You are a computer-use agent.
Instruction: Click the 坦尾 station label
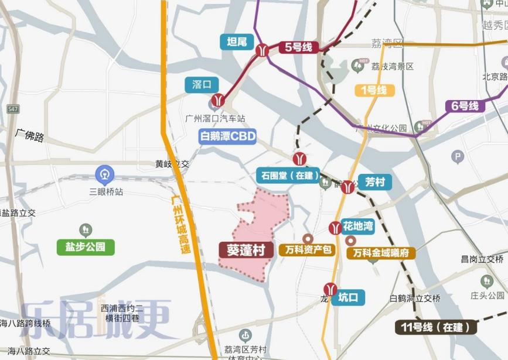[236, 42]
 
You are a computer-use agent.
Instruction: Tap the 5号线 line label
[298, 47]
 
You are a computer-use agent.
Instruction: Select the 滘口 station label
[202, 84]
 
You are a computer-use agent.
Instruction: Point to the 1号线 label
[375, 90]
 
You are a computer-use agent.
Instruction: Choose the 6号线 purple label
[465, 106]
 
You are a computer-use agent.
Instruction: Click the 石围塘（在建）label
[288, 175]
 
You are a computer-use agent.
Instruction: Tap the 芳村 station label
[374, 182]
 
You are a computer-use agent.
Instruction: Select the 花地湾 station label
[358, 227]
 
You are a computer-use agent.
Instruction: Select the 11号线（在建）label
[435, 326]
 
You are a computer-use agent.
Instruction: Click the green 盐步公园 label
[86, 246]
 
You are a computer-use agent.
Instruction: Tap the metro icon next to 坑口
[330, 289]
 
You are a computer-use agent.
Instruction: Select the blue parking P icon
[458, 156]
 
